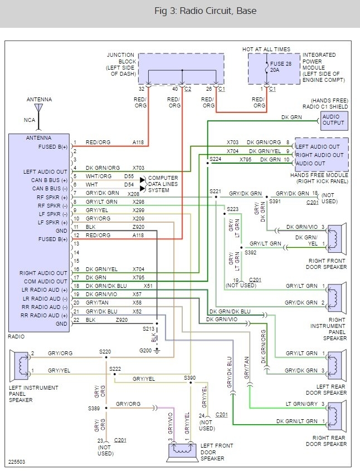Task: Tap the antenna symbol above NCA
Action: pos(38,107)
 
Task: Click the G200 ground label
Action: pos(147,351)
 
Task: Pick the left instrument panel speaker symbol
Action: pos(21,363)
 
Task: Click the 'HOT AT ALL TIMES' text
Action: pos(266,50)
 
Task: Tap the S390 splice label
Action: pos(191,377)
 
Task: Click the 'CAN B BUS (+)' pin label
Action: pos(46,180)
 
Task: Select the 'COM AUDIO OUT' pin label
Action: pos(45,282)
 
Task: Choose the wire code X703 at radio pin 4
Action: pos(139,168)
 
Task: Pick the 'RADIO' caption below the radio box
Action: pos(17,336)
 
